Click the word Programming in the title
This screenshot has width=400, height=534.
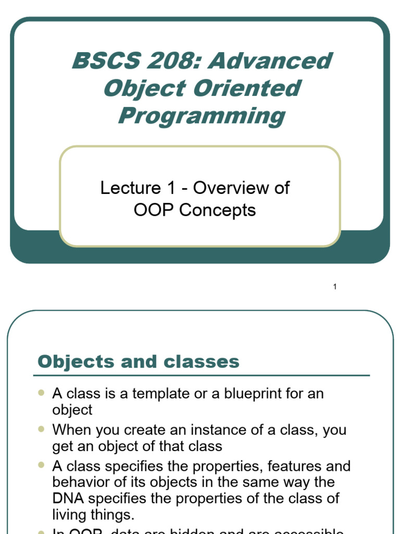coord(202,116)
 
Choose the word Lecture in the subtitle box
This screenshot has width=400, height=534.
coord(131,188)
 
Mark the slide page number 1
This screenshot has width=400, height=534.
coord(335,286)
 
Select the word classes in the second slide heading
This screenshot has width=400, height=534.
coord(207,361)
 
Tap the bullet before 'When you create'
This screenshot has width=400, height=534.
coord(42,429)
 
